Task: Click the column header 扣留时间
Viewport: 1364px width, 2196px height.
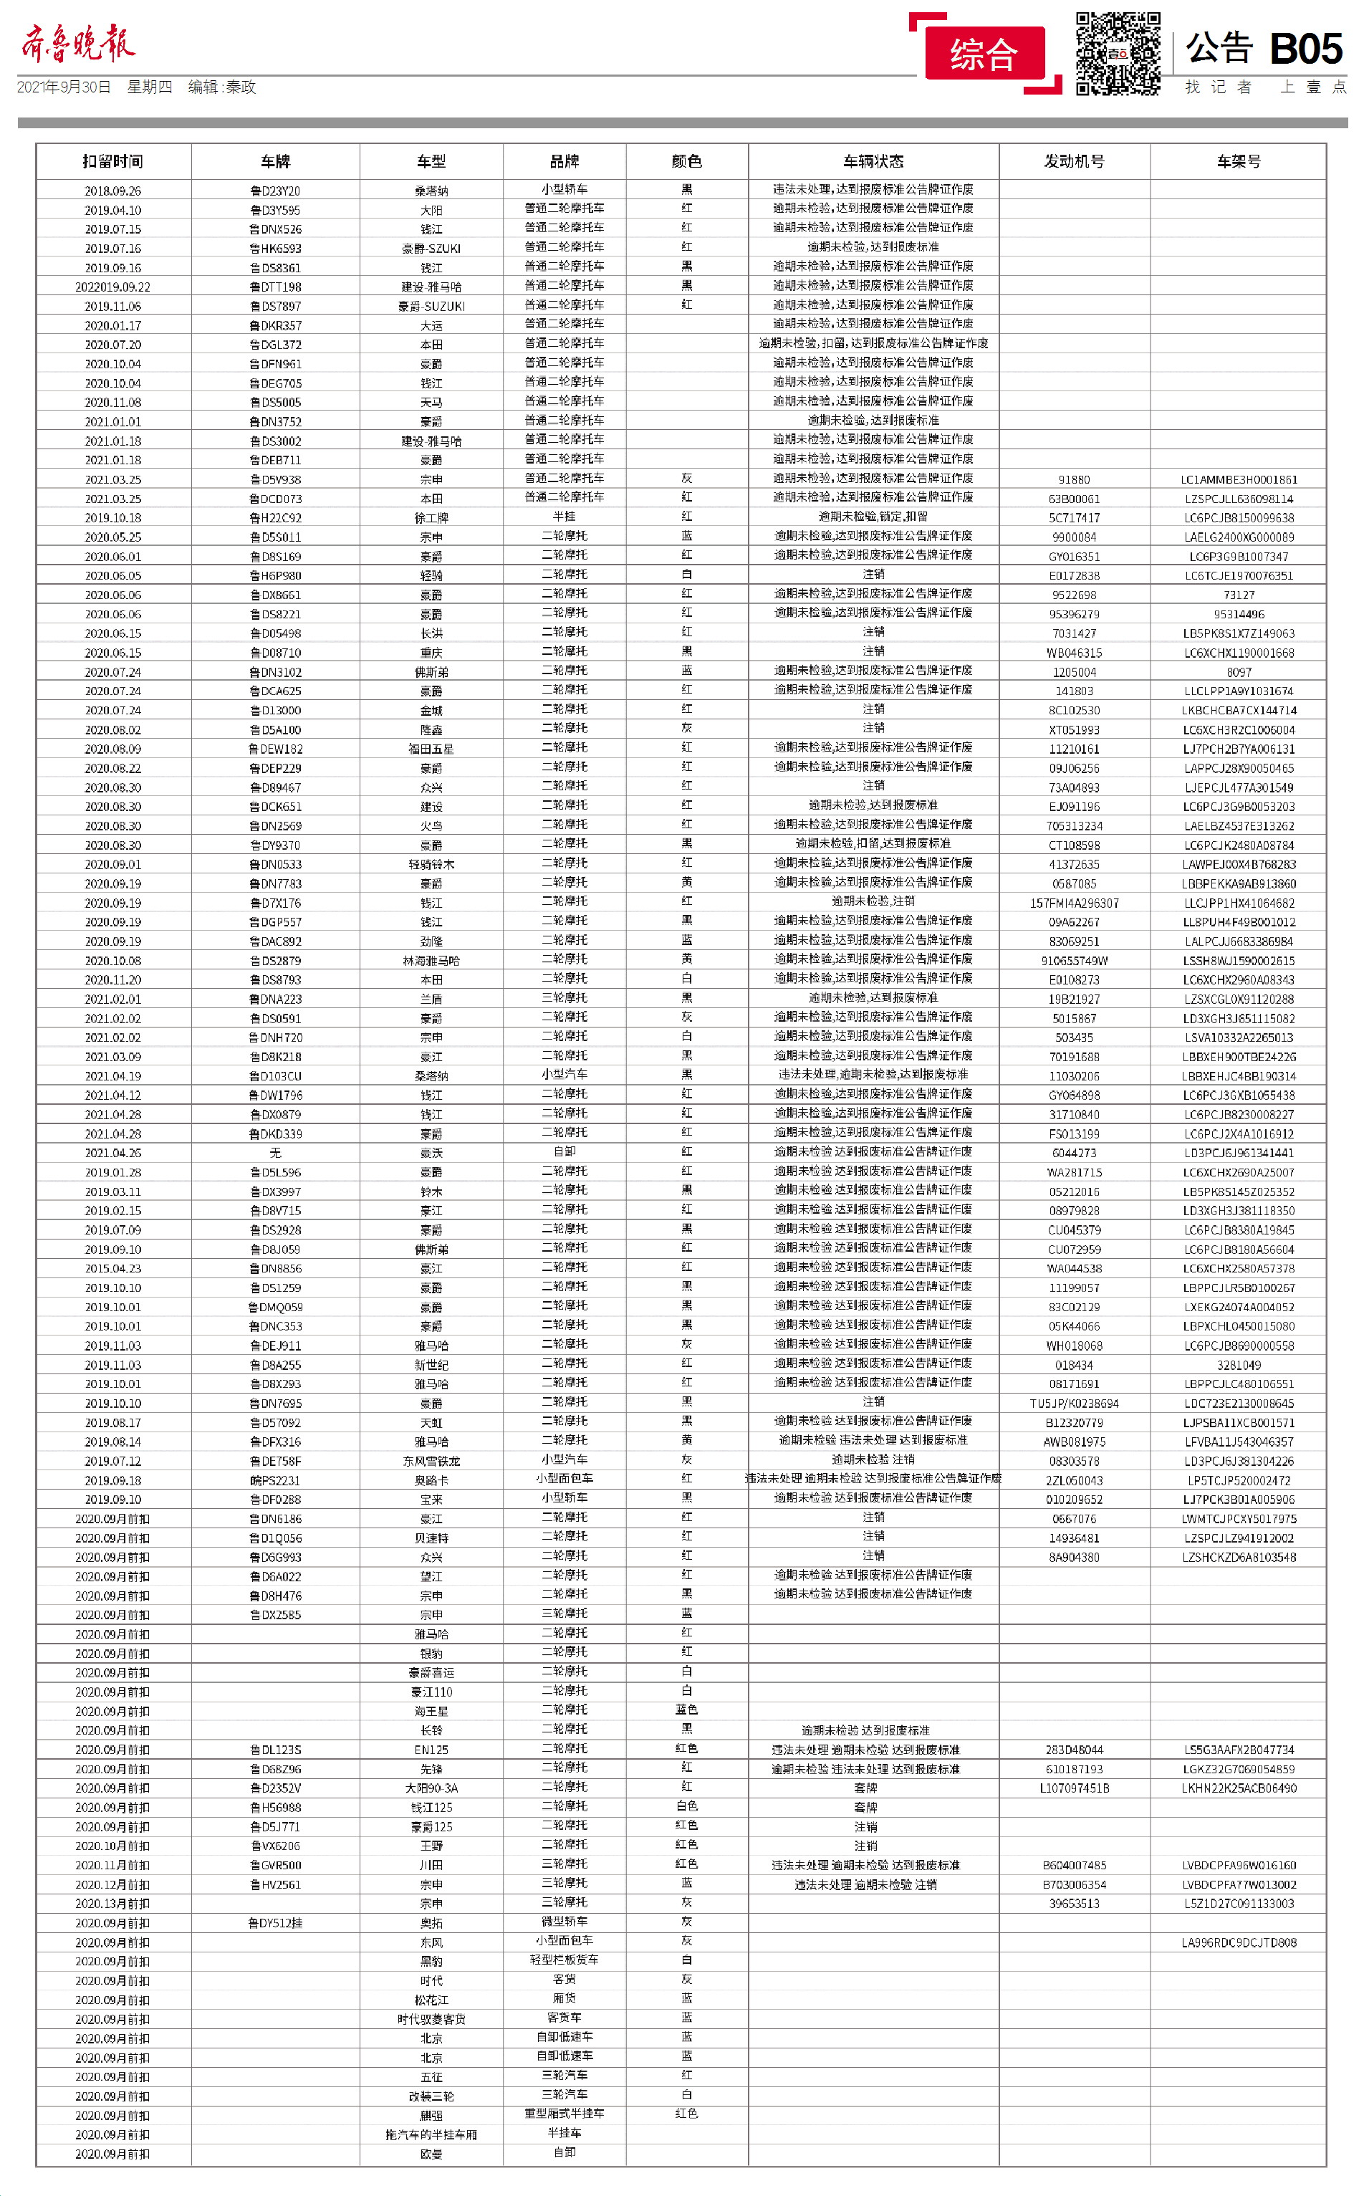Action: [112, 161]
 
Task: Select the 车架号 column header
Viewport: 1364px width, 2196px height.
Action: [1238, 161]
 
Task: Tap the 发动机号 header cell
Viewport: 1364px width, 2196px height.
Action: [1074, 161]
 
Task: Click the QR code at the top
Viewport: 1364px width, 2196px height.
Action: [1118, 53]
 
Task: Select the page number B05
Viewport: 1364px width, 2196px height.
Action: [1305, 49]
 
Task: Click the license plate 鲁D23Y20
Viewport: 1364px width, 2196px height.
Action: [275, 191]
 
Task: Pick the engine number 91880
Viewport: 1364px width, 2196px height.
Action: [1074, 480]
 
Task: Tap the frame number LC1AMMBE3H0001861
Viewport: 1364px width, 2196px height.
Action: [1239, 480]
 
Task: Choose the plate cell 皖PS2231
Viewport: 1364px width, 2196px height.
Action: [275, 1480]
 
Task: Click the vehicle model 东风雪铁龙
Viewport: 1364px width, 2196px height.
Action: [431, 1462]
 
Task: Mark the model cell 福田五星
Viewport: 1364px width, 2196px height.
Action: [431, 749]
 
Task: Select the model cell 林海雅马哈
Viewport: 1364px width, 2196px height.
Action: [431, 961]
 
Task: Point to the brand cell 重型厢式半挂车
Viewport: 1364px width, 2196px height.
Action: [565, 2113]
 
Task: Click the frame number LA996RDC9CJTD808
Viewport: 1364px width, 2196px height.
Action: [1239, 1942]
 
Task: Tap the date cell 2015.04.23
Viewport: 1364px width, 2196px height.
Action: [112, 1268]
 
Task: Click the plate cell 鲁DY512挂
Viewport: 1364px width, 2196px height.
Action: [275, 1922]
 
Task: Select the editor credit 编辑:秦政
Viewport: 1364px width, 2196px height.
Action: [222, 87]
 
